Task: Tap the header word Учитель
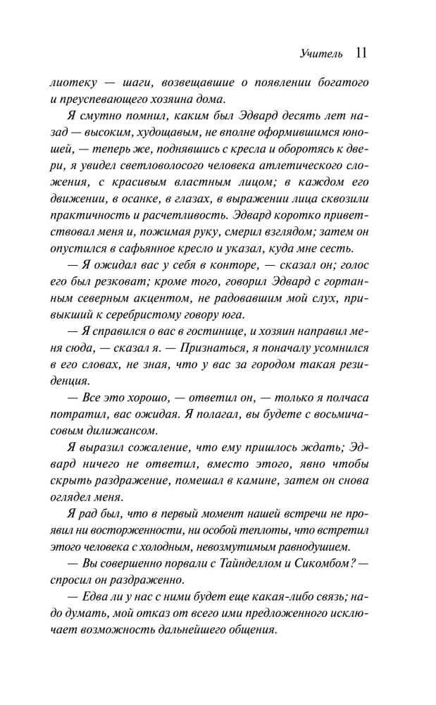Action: point(320,54)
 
